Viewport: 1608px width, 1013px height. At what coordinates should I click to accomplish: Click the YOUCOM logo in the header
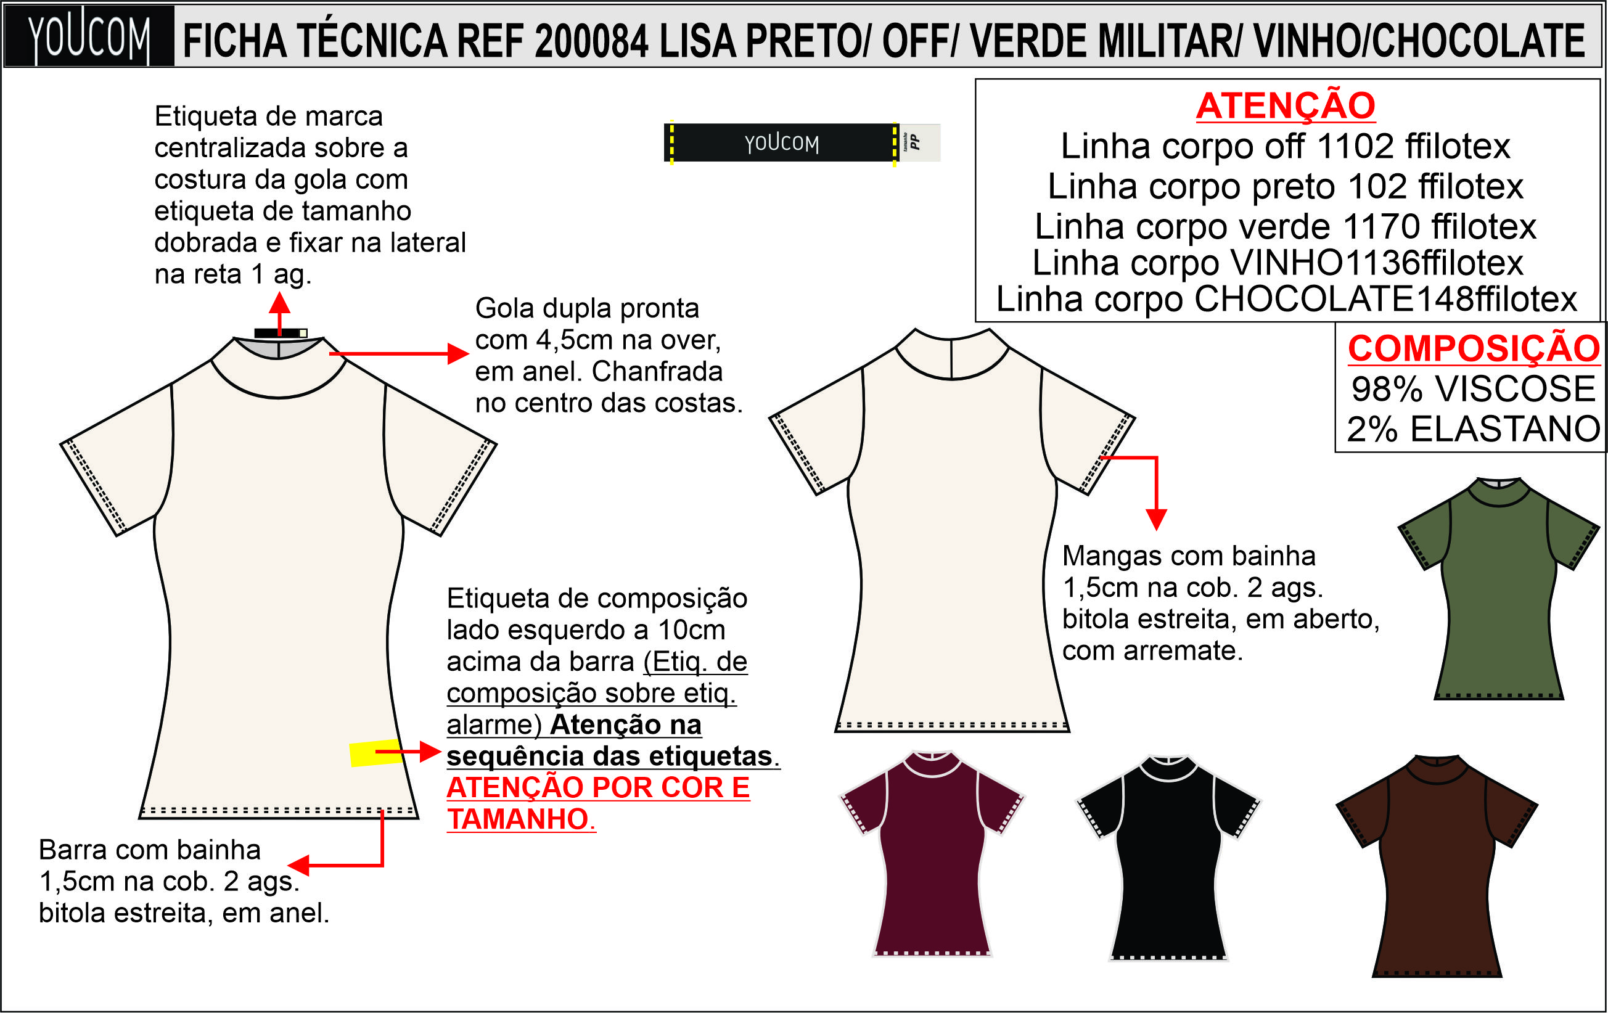(89, 37)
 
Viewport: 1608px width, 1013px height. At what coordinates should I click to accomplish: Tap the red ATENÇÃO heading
(1286, 105)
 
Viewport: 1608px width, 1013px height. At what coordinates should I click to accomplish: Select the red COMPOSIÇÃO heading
(1474, 348)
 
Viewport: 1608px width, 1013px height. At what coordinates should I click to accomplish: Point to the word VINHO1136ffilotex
(1377, 263)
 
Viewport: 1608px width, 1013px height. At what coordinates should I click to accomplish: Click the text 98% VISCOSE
(1473, 388)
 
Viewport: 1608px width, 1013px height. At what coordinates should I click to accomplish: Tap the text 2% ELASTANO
(1473, 429)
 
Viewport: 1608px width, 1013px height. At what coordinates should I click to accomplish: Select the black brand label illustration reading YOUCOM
(781, 142)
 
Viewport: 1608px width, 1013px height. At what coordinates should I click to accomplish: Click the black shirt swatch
(1168, 858)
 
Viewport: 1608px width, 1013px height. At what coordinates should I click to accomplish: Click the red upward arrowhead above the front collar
(280, 304)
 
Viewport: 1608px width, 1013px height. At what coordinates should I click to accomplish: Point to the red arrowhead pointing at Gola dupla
(458, 353)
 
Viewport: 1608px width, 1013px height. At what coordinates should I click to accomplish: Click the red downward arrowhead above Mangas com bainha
(1157, 520)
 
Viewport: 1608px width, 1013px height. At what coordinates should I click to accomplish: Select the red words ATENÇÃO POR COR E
(598, 788)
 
